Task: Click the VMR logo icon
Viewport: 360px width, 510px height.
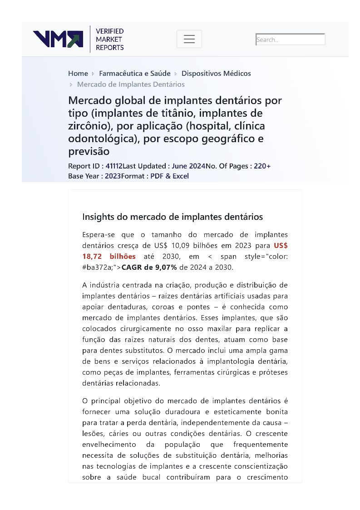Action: click(58, 39)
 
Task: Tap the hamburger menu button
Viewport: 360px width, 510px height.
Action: click(189, 39)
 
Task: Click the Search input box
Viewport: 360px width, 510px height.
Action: click(291, 40)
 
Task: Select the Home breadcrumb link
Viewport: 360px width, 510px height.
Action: click(78, 74)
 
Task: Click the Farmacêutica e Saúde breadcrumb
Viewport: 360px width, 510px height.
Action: click(135, 74)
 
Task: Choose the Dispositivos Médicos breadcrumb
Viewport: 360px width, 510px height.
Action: click(216, 74)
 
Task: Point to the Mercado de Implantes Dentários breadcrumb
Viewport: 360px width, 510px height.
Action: click(131, 84)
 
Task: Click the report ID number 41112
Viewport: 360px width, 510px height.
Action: click(114, 166)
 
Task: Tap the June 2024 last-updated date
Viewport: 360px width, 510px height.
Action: click(188, 166)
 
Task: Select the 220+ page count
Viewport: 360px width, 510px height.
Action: click(262, 166)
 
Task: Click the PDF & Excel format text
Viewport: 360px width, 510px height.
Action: click(169, 176)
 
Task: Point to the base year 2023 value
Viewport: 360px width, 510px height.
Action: click(113, 176)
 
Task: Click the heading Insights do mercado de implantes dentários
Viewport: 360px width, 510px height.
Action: click(173, 217)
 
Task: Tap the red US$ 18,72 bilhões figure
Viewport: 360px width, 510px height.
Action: click(109, 257)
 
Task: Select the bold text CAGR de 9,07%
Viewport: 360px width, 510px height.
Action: click(149, 267)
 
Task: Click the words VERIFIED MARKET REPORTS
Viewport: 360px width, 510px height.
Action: click(109, 39)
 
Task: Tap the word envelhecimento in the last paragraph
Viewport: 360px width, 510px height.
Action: click(109, 445)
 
